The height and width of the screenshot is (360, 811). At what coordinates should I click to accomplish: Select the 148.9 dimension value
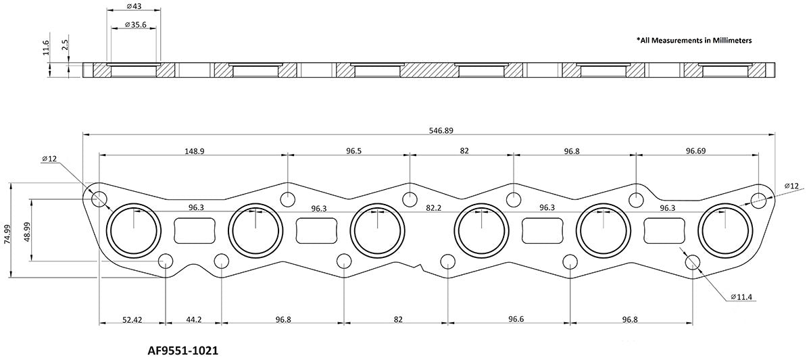(193, 151)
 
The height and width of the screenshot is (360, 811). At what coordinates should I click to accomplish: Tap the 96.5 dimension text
(349, 151)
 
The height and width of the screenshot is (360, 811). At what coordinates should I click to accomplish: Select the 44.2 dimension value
(193, 319)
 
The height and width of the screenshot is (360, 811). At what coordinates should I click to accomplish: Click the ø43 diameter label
(133, 7)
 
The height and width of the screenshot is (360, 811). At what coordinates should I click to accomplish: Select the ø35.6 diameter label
(133, 24)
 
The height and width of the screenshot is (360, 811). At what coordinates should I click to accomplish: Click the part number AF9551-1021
(182, 351)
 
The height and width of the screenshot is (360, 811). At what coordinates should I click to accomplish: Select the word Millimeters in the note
(729, 41)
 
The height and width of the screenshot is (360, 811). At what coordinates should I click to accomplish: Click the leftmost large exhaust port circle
(134, 230)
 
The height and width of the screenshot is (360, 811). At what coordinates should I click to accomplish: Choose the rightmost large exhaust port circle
(724, 230)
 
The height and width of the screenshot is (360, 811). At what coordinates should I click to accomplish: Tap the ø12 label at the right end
(791, 185)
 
